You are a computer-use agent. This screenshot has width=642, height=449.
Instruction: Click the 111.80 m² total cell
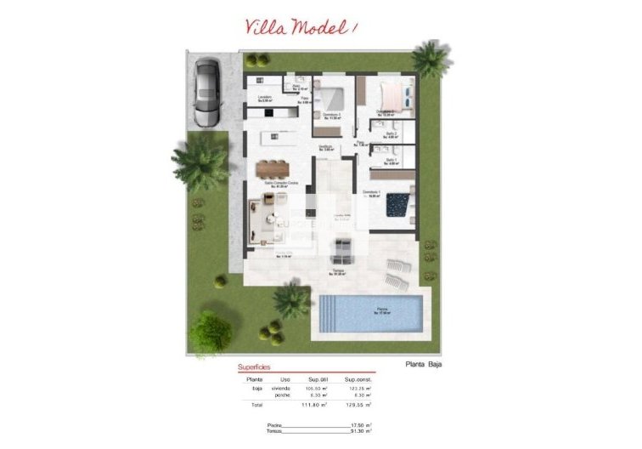(314, 405)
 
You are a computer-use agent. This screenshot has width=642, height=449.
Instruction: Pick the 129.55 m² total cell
(358, 405)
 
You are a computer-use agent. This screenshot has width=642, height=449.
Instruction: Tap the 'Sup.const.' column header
(358, 378)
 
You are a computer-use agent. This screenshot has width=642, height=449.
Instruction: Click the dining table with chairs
(273, 167)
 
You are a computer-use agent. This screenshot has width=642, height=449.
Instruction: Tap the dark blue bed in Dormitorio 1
(397, 205)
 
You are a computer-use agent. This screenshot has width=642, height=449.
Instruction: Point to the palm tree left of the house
(200, 161)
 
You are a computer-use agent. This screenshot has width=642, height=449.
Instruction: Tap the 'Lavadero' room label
(266, 98)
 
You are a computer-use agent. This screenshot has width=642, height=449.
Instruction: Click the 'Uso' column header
(285, 378)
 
